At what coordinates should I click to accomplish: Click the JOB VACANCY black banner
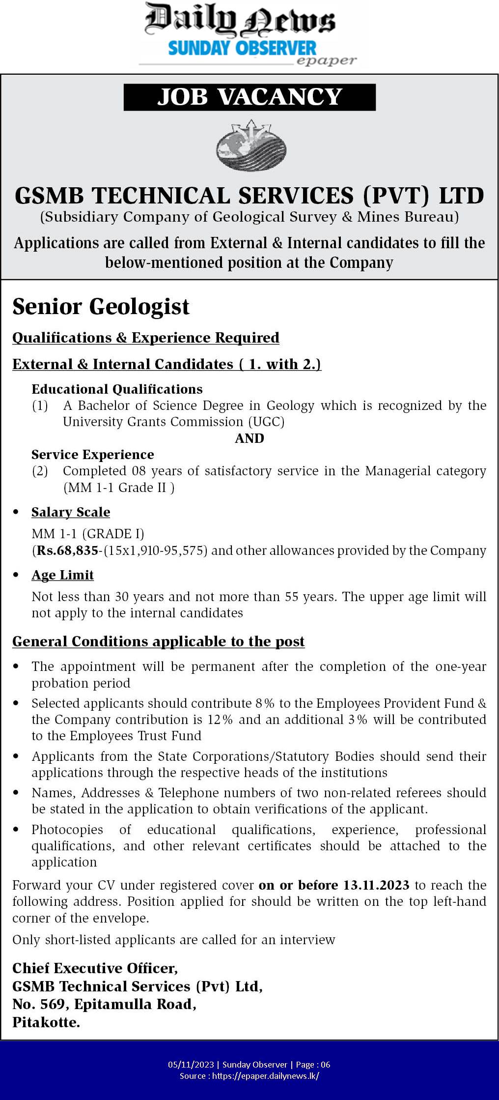[x=249, y=97]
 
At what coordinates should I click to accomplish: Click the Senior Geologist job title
[x=101, y=307]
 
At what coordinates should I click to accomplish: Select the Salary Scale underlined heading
[x=71, y=512]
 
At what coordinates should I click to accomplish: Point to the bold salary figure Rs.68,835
[x=67, y=550]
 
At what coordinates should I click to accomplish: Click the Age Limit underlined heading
[x=62, y=575]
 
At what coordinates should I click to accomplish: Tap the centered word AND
[x=249, y=438]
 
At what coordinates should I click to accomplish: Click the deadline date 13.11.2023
[x=376, y=885]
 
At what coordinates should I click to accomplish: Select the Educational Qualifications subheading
[x=117, y=389]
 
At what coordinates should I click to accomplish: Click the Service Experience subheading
[x=93, y=455]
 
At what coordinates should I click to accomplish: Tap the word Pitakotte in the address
[x=46, y=1023]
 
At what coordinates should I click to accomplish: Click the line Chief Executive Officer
[x=95, y=968]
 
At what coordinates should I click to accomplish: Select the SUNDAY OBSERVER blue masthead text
[x=242, y=48]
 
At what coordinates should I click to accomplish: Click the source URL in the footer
[x=266, y=1076]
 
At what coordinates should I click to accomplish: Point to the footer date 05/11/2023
[x=191, y=1065]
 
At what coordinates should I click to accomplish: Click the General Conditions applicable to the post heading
[x=159, y=641]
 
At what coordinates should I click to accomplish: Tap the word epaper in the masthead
[x=326, y=61]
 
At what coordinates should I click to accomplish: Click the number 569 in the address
[x=52, y=1005]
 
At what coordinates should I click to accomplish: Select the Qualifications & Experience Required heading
[x=146, y=338]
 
